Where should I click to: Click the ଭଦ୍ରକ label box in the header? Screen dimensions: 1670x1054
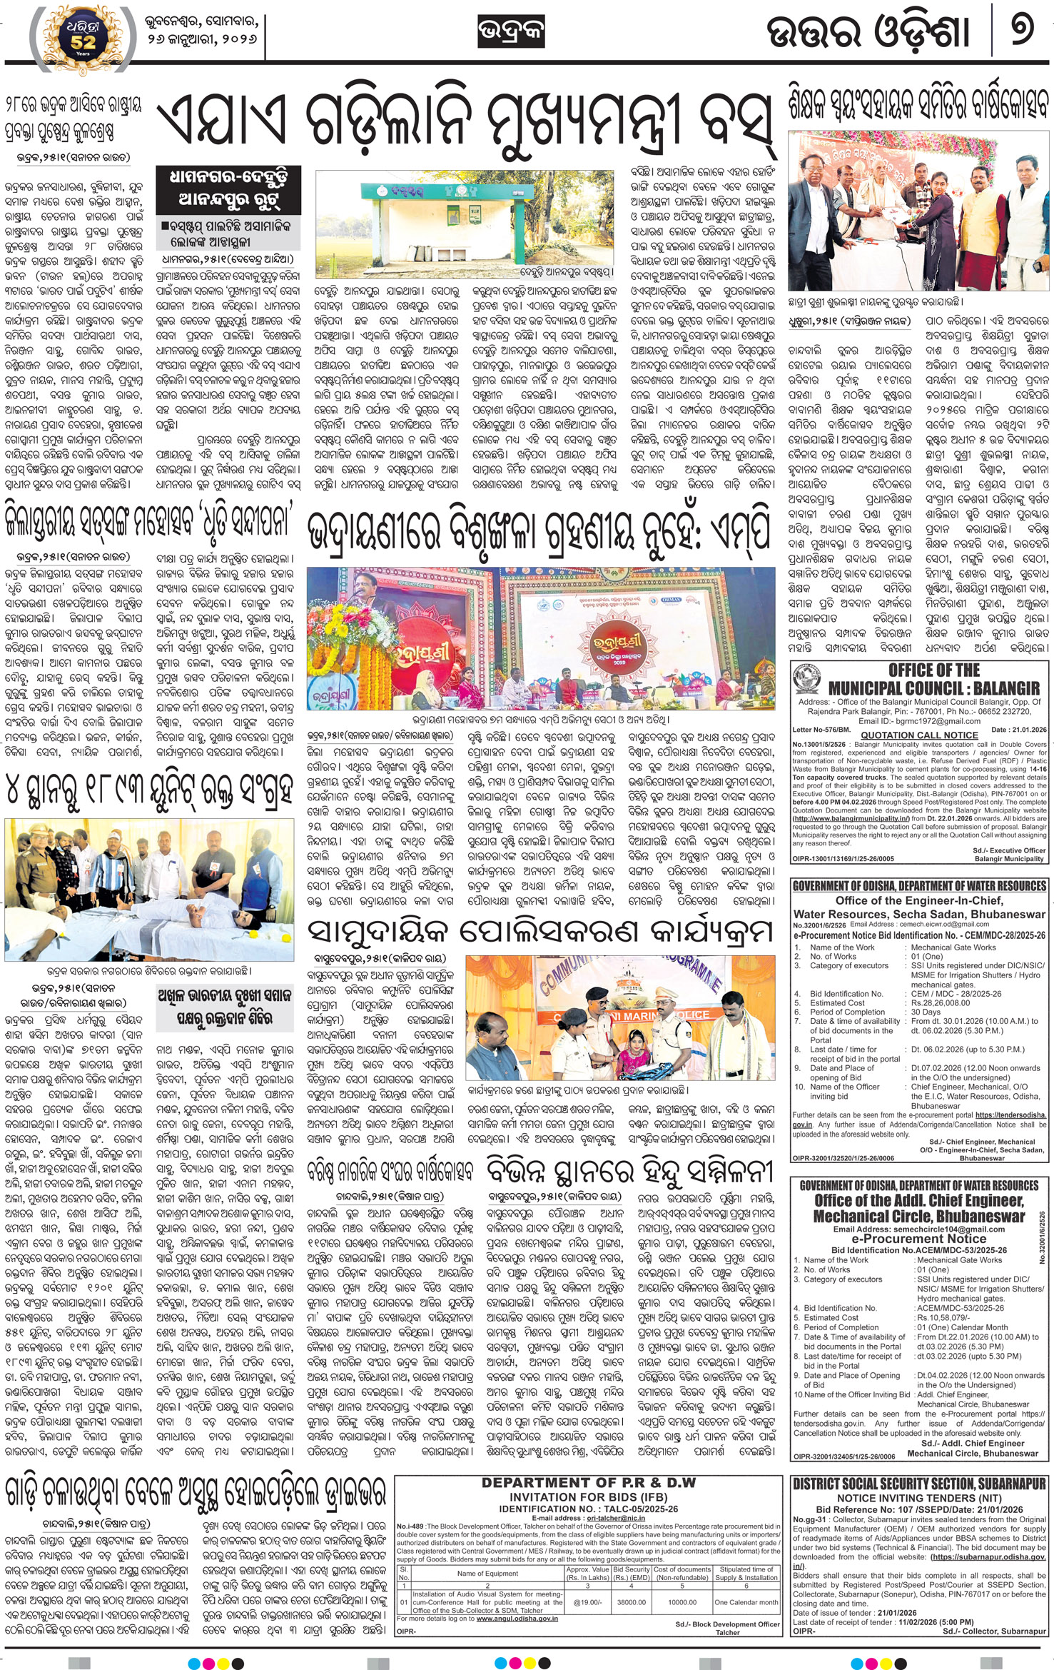(x=511, y=33)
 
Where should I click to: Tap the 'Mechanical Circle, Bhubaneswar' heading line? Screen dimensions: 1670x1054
(x=919, y=1216)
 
